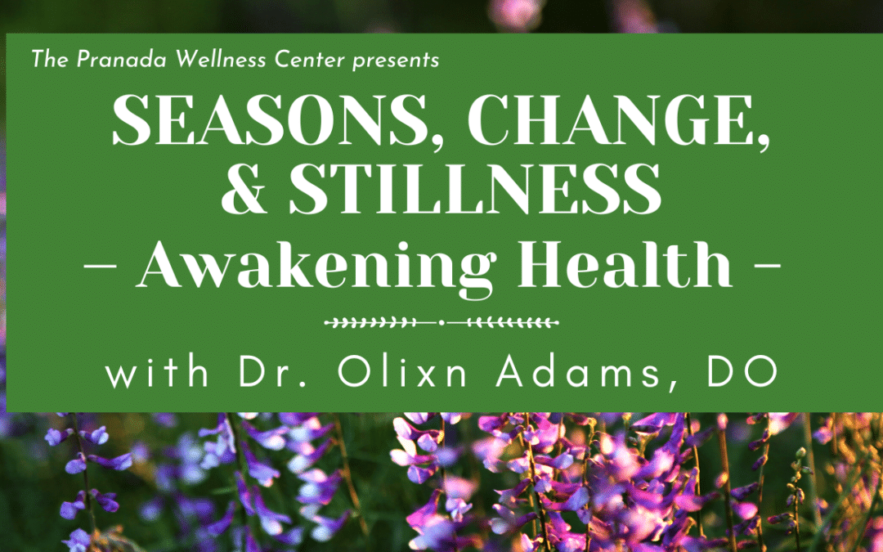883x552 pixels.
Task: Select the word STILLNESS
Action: [475, 189]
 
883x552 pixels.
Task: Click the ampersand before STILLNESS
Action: [244, 189]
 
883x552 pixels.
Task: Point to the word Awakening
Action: [316, 265]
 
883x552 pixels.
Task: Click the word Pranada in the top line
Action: [122, 59]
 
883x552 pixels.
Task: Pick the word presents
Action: [396, 61]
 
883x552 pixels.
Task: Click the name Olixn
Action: [402, 371]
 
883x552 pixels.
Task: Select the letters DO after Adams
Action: [742, 371]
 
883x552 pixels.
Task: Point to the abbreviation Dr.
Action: [272, 371]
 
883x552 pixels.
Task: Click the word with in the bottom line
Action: [157, 371]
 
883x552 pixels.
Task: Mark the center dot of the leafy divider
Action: [441, 323]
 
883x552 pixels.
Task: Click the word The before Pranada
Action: [50, 59]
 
